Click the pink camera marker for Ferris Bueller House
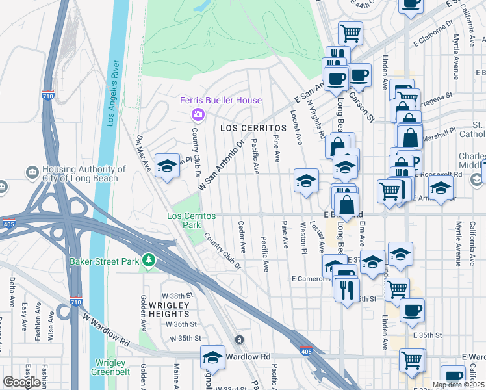198,114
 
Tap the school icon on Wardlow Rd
212,357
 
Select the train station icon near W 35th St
239,339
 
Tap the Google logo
21,382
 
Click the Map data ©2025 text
457,385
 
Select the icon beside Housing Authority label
31,172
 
